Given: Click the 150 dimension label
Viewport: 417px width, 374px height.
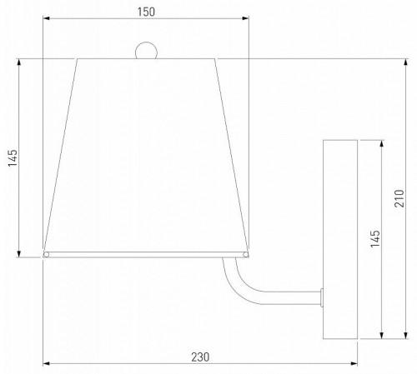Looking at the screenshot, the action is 146,12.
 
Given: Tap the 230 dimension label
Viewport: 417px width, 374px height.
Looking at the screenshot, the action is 200,357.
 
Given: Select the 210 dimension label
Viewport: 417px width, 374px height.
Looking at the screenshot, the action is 399,198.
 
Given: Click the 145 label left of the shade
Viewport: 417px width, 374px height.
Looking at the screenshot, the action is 13,158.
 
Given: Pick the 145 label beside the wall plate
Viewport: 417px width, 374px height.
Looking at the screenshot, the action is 375,238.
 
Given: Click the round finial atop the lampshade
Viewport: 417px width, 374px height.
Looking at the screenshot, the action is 146,50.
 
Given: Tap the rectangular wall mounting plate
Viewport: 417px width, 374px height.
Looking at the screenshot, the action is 340,239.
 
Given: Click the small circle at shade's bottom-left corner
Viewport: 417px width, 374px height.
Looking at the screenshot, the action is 46,255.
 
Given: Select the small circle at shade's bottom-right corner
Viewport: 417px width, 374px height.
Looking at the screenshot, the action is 246,255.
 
